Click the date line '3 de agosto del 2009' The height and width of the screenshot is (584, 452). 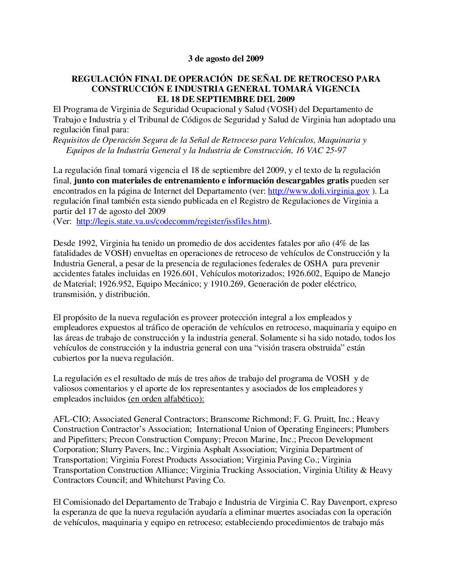pos(226,58)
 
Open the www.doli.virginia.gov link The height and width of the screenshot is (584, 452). pos(319,191)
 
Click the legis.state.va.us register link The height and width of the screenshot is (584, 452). pos(172,221)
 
